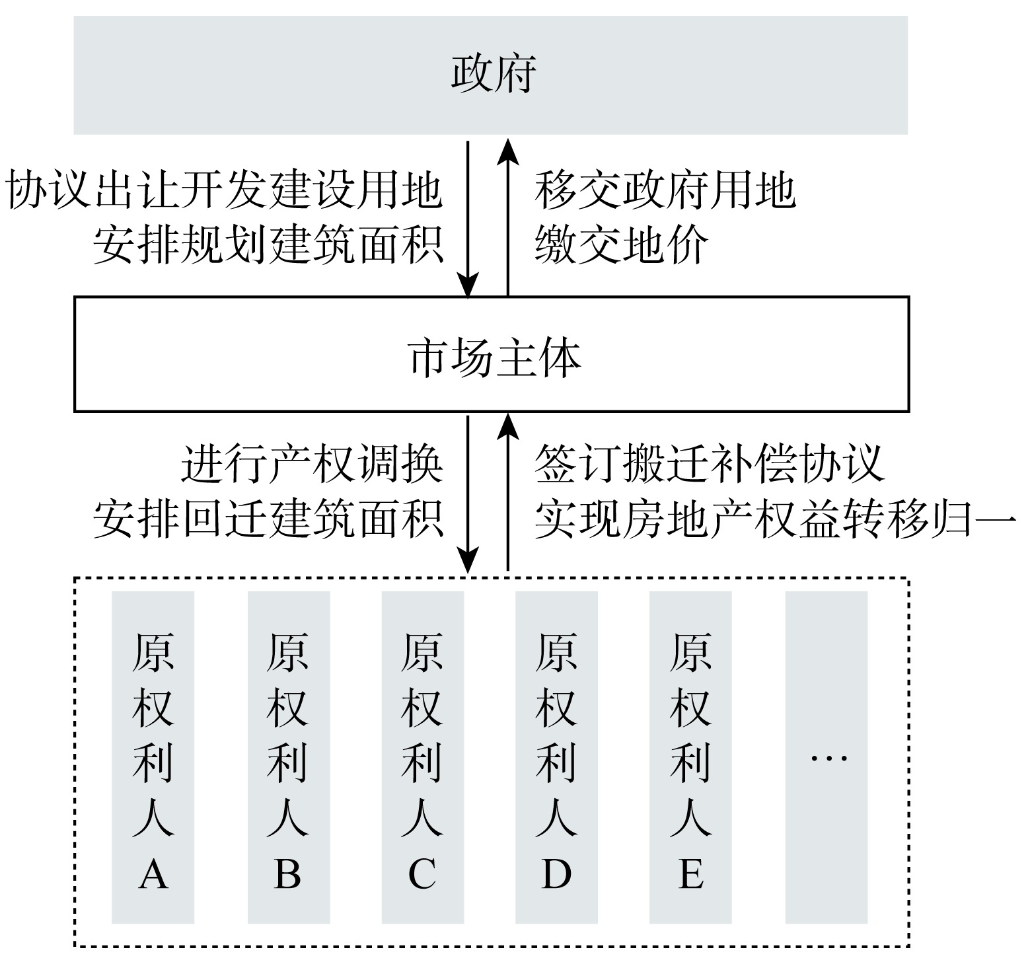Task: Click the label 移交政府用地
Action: click(x=665, y=190)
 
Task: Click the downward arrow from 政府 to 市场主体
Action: click(x=468, y=219)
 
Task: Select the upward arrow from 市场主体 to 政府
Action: click(x=507, y=216)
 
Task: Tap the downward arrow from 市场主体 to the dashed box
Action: click(x=468, y=495)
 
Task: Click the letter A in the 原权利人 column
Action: click(x=153, y=873)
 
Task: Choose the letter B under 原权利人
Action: click(x=287, y=873)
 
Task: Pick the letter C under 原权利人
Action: click(x=422, y=873)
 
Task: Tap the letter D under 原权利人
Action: click(x=556, y=873)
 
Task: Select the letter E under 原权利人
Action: click(x=690, y=873)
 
